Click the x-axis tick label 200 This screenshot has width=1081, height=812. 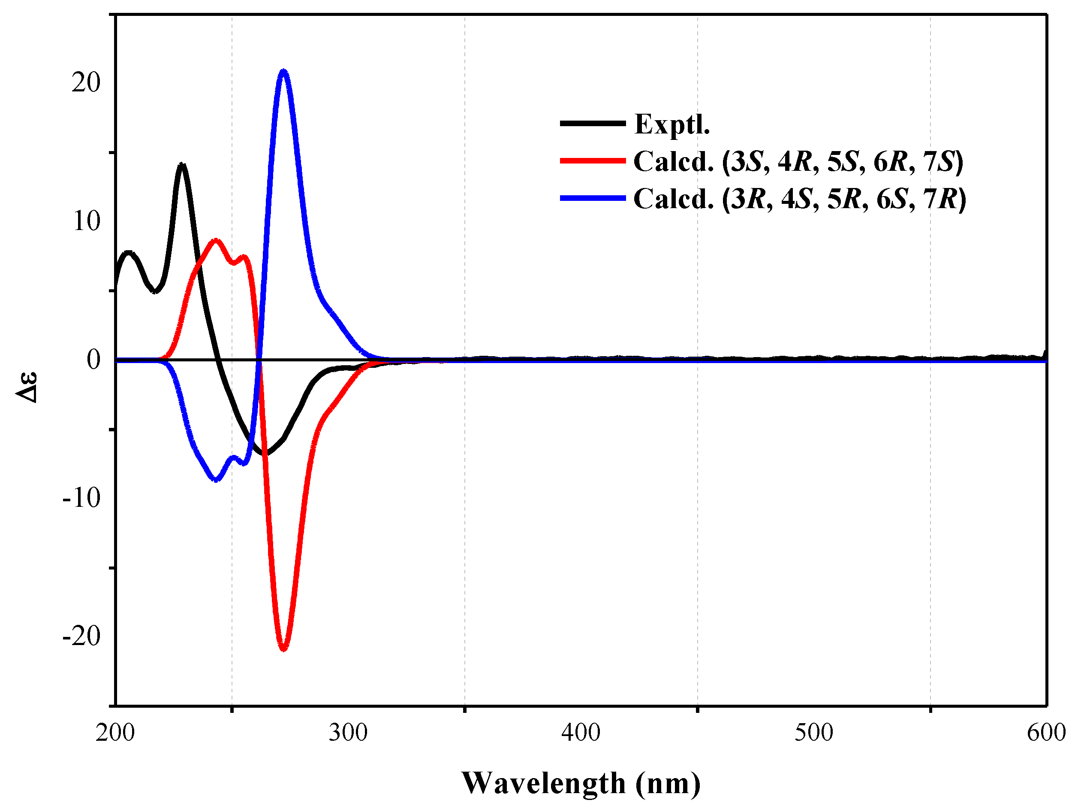point(115,733)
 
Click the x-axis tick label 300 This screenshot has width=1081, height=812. point(348,733)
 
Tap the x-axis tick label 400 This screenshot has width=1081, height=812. point(581,733)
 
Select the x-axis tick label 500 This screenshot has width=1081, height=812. point(814,733)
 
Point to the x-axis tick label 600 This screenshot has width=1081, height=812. point(1046,733)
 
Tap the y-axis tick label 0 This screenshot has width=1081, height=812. point(93,360)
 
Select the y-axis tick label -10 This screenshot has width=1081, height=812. point(81,498)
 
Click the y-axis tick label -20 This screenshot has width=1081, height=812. point(81,636)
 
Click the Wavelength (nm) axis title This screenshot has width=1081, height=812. point(581,783)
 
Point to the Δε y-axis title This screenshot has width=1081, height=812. point(27,387)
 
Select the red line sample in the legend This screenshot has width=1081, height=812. point(592,161)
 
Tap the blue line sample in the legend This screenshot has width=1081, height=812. point(592,198)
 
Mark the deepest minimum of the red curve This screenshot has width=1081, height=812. point(283,648)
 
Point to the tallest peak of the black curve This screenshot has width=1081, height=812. point(182,165)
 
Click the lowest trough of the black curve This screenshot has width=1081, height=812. point(265,453)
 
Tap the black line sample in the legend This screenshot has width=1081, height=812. point(592,123)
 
